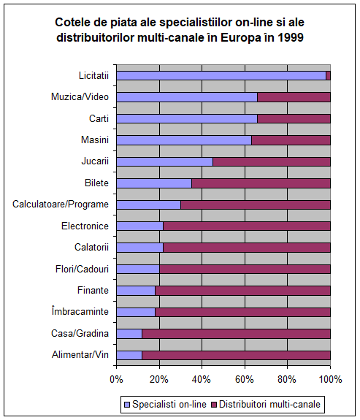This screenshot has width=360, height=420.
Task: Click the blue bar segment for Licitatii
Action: point(221,76)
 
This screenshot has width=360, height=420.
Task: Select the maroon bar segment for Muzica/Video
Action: point(294,97)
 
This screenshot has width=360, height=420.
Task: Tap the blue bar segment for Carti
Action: point(187,118)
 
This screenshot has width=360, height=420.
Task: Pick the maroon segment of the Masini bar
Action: point(291,140)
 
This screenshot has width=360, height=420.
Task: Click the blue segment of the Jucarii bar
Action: point(165,161)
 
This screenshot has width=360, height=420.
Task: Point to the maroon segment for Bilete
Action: point(261,183)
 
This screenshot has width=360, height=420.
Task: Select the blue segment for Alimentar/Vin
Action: point(129,355)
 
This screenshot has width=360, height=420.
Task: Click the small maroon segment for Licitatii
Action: point(328,76)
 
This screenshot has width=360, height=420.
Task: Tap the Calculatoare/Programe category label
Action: point(61,205)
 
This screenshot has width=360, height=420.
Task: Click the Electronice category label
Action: point(85,226)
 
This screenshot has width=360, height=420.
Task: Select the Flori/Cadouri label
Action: point(82,269)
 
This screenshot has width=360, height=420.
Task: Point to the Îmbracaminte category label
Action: point(80,311)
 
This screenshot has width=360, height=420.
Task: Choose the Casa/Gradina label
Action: point(80,334)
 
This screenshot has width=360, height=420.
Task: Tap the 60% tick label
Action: point(245,380)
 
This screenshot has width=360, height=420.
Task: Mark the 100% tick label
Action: point(331,380)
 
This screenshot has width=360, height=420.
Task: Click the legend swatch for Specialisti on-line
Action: point(127,405)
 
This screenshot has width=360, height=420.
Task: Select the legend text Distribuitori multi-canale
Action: point(269,404)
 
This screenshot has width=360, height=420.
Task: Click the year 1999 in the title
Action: point(291,38)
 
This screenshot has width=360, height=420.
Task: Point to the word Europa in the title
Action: point(240,38)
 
